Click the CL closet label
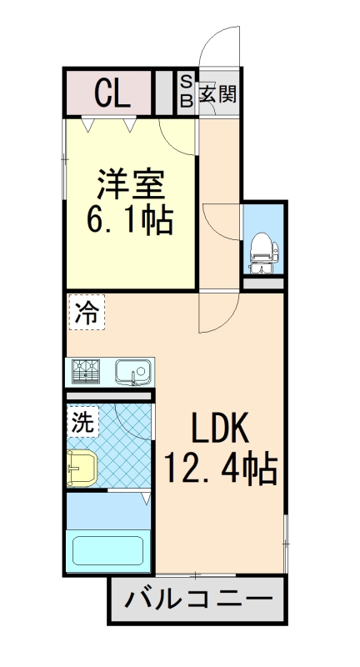tap(111, 93)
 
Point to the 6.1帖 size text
tap(130, 221)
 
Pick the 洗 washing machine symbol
tap(82, 421)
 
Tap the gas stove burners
tap(85, 369)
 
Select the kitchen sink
tap(131, 369)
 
